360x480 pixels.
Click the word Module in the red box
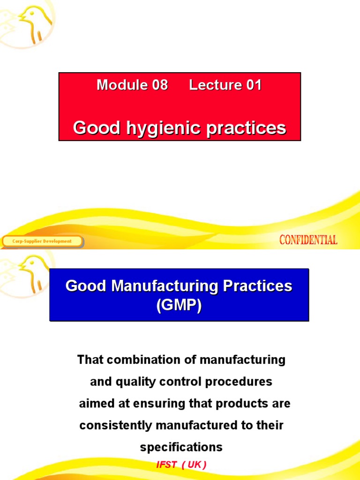(x=115, y=85)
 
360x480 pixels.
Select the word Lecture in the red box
(x=210, y=85)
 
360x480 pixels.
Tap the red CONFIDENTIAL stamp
(x=308, y=240)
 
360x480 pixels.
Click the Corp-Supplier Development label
(x=42, y=241)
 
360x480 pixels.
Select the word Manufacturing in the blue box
(x=165, y=286)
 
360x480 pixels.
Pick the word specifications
(x=181, y=447)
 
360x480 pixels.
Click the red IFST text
(x=166, y=465)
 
